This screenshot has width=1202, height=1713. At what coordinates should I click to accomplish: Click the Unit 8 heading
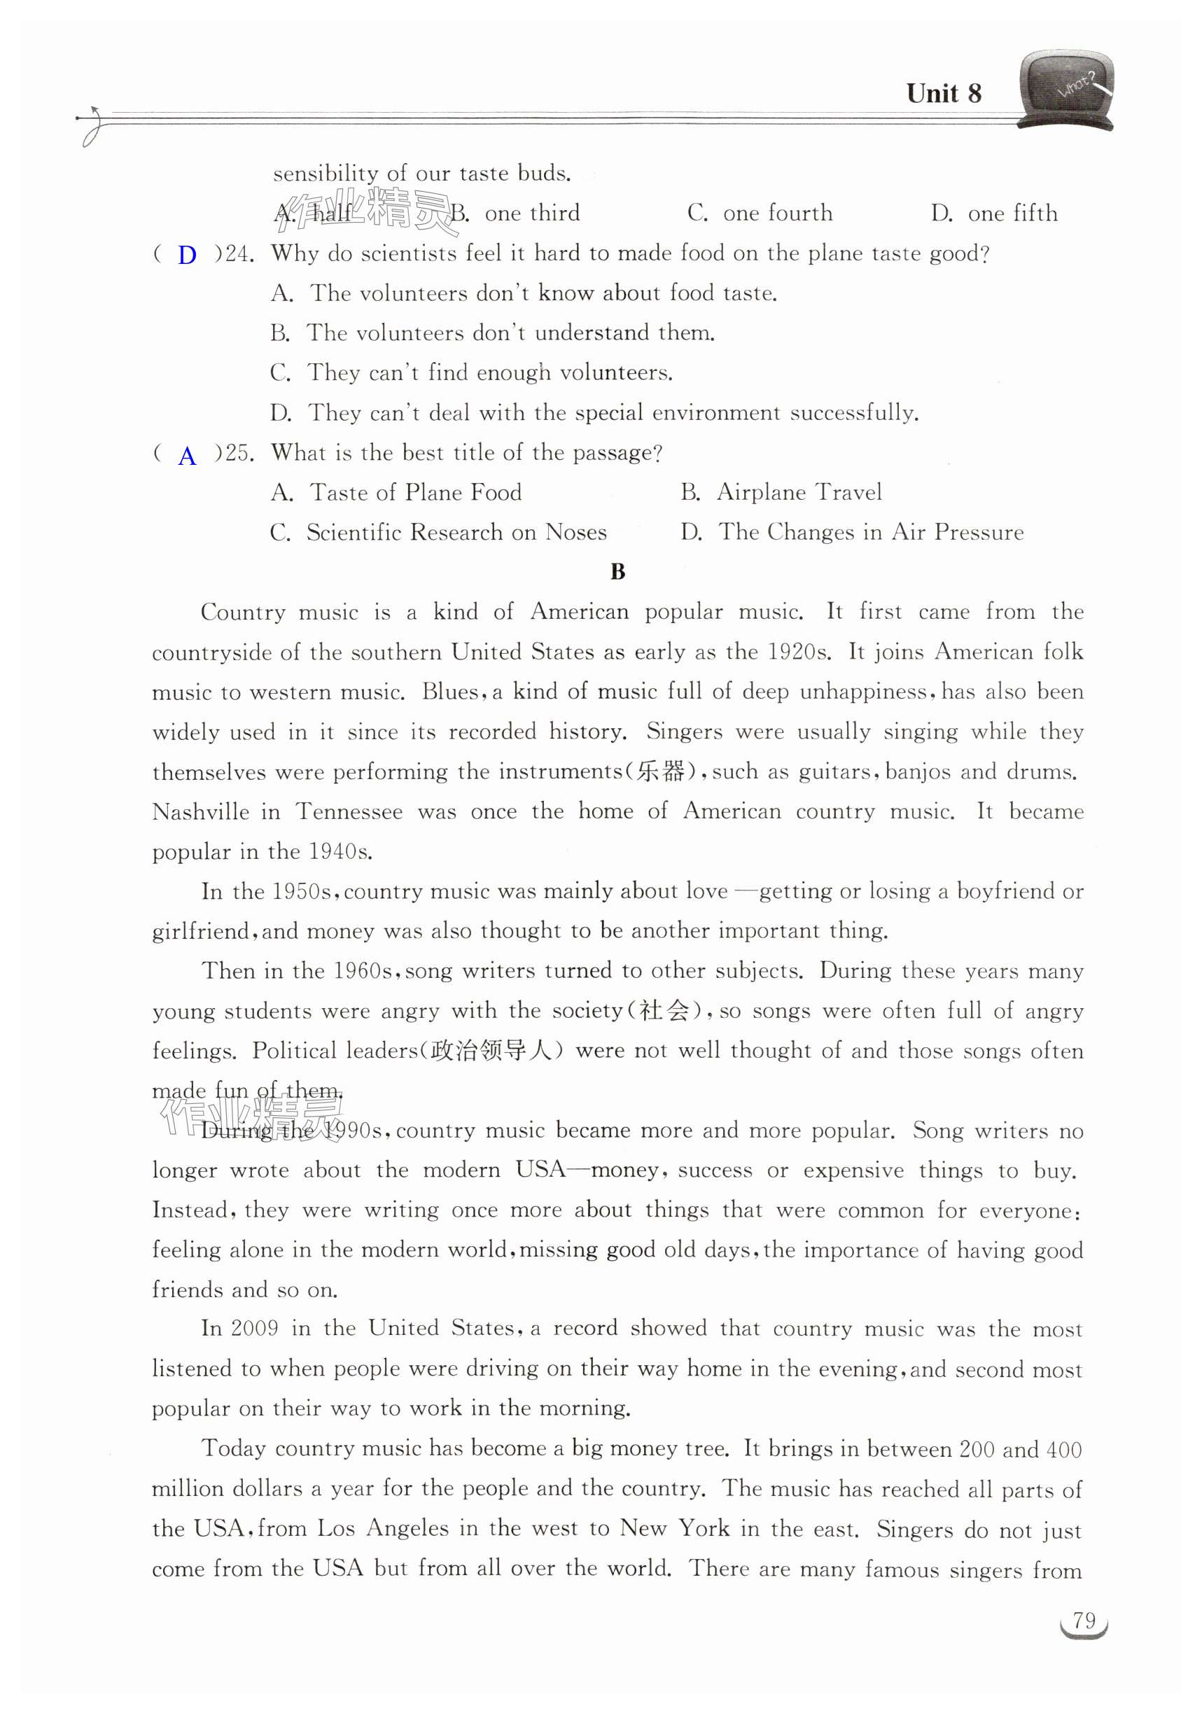(943, 94)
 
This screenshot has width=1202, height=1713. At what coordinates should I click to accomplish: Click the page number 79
(1084, 1621)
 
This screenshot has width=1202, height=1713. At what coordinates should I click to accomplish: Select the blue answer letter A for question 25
(188, 456)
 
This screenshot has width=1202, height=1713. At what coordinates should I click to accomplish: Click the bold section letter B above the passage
(617, 572)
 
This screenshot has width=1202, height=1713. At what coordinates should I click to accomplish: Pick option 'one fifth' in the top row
(1012, 214)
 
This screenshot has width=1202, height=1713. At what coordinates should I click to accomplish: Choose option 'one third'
(531, 214)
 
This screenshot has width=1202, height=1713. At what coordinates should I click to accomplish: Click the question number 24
(239, 254)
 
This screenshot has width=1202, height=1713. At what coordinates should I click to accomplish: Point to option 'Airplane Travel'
(798, 492)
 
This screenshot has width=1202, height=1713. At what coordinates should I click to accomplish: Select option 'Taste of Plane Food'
(415, 492)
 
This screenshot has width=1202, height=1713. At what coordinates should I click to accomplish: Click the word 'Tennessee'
(349, 812)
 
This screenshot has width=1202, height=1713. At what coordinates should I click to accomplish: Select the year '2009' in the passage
(254, 1329)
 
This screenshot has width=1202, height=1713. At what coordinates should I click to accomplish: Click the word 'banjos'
(918, 771)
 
